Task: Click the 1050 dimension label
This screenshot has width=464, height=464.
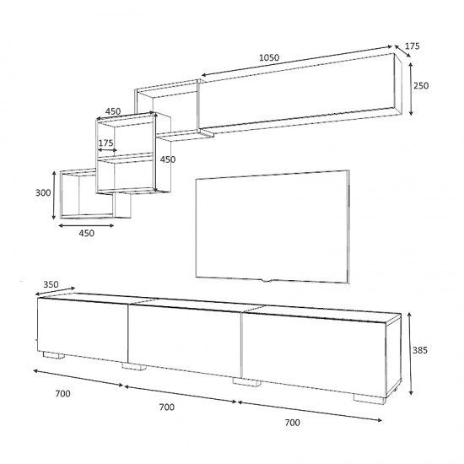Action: pyautogui.click(x=269, y=57)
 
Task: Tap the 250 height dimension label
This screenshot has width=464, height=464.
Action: pyautogui.click(x=421, y=85)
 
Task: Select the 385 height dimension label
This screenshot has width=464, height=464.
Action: pyautogui.click(x=420, y=350)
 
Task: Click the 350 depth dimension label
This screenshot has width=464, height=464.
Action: pyautogui.click(x=51, y=284)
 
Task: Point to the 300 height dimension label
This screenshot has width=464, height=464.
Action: pyautogui.click(x=43, y=192)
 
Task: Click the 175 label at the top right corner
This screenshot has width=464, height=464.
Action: pyautogui.click(x=412, y=46)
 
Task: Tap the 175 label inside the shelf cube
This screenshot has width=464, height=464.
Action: pyautogui.click(x=105, y=143)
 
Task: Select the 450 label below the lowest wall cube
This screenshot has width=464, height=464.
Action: pyautogui.click(x=86, y=233)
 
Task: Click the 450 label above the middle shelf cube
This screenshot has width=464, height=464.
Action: pyautogui.click(x=113, y=111)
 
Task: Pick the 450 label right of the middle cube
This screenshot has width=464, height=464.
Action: pyautogui.click(x=168, y=159)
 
